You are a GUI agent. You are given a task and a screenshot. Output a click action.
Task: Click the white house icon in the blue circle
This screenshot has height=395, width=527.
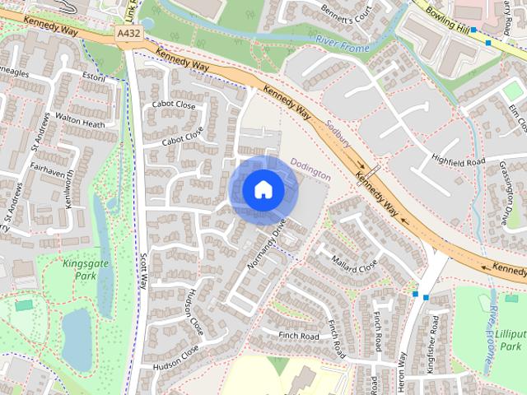click(x=263, y=190)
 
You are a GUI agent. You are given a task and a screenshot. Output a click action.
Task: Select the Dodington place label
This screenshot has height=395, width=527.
click(x=310, y=170)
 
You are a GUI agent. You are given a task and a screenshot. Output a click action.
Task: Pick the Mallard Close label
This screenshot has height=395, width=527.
click(x=355, y=265)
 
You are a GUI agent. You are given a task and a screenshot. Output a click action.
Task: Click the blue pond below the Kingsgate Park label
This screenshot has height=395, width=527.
click(x=76, y=339)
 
